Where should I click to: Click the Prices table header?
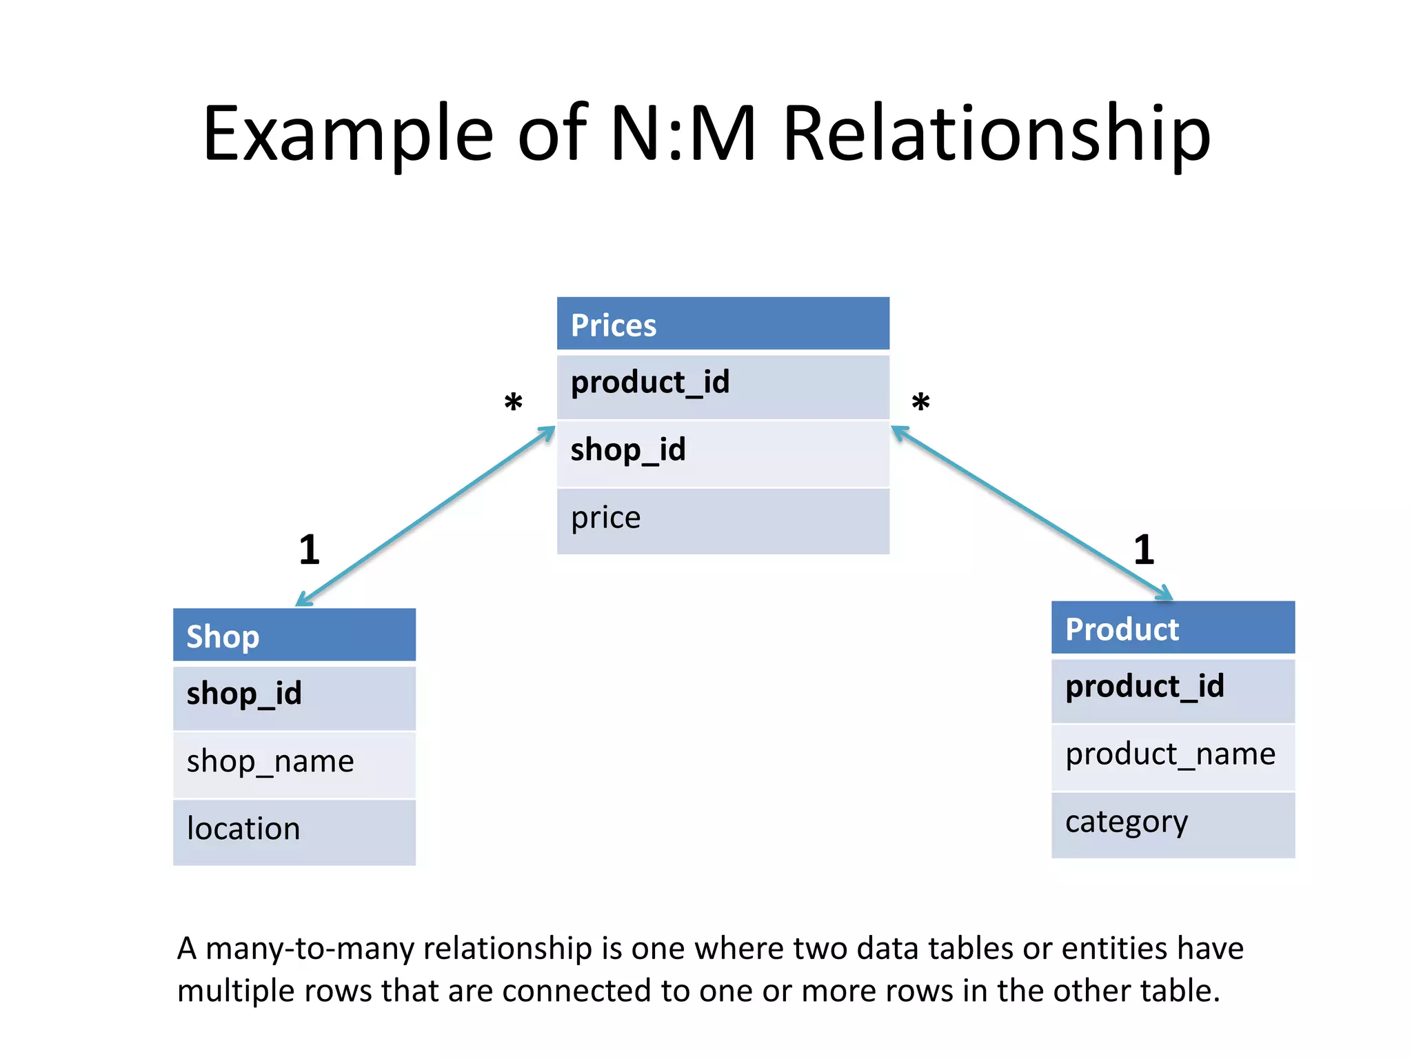(723, 324)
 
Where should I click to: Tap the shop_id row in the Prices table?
(723, 452)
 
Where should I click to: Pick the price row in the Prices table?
(723, 520)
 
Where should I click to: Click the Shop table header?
(294, 635)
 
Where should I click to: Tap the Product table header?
(1173, 628)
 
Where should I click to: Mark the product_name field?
(1173, 756)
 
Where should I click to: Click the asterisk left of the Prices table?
(513, 403)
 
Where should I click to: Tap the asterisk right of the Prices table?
(920, 402)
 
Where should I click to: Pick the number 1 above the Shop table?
(310, 550)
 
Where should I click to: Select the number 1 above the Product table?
(1144, 550)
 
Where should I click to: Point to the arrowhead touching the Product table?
(1165, 594)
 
